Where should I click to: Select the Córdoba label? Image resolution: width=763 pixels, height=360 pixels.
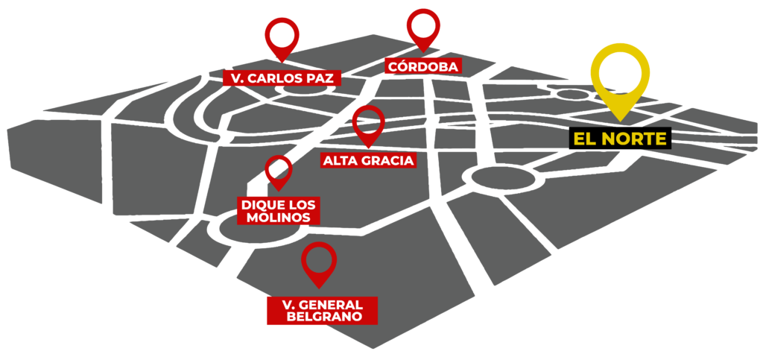click(x=422, y=66)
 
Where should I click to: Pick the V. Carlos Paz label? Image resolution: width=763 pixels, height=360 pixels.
click(x=282, y=78)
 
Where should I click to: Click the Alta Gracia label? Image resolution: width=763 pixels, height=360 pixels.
click(x=367, y=160)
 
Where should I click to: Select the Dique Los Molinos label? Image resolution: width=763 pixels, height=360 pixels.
click(x=278, y=210)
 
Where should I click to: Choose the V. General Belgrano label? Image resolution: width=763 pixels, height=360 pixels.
click(x=322, y=311)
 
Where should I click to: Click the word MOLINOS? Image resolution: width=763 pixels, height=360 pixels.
click(x=278, y=217)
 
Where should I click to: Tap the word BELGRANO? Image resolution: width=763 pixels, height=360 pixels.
click(x=323, y=317)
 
